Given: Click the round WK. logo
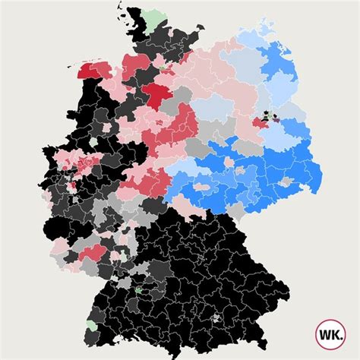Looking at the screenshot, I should [330, 333].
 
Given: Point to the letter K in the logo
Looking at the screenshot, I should [336, 333].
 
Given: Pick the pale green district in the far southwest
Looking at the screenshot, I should [92, 325].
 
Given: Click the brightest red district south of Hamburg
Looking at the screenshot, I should [159, 95].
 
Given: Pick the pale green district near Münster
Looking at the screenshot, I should [93, 142].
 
